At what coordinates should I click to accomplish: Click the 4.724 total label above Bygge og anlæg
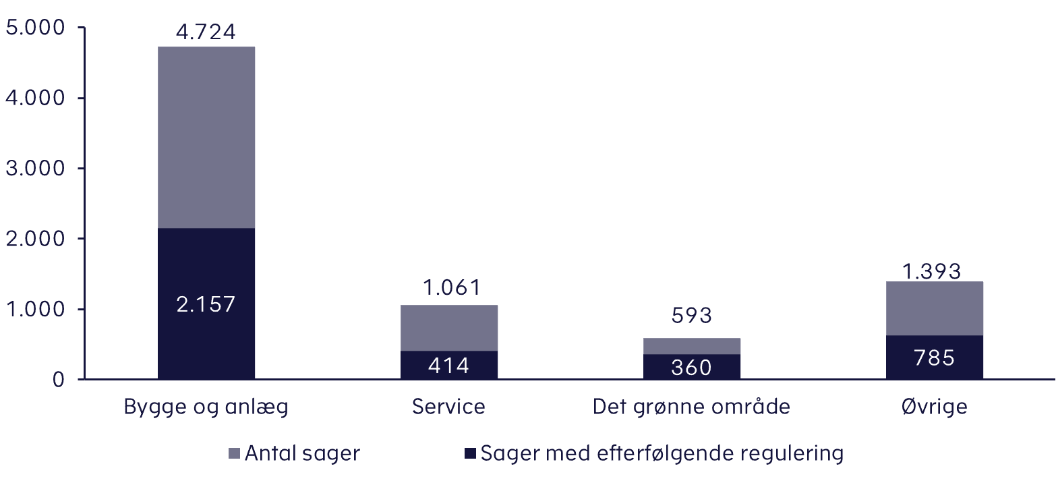click(206, 32)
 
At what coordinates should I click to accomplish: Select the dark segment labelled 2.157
click(206, 304)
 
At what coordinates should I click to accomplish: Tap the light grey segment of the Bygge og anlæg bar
click(206, 138)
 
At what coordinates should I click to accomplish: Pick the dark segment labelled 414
click(449, 365)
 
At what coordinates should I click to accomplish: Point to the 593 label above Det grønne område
click(692, 315)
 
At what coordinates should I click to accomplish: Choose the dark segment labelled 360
click(692, 367)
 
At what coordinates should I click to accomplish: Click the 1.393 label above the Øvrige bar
click(935, 270)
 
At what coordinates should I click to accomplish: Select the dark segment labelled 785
click(935, 357)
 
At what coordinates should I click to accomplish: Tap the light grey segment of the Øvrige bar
click(935, 308)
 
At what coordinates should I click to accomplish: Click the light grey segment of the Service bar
click(449, 328)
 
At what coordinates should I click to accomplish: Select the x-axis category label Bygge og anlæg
click(206, 408)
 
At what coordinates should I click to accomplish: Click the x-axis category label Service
click(449, 407)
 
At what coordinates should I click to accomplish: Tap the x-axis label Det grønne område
click(692, 407)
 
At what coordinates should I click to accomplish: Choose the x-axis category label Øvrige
click(935, 407)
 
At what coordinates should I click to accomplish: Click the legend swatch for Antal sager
click(235, 453)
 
